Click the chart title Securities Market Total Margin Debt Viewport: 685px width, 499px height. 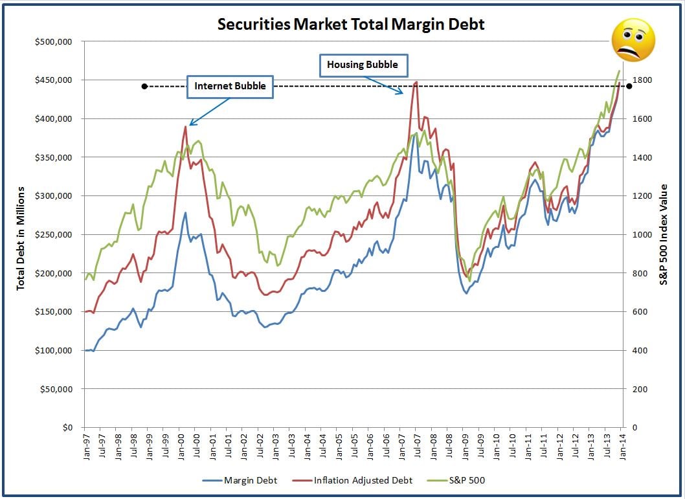(x=351, y=25)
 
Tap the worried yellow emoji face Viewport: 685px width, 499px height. (x=633, y=41)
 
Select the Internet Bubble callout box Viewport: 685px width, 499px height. (x=230, y=86)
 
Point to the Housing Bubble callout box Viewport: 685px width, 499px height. (x=366, y=65)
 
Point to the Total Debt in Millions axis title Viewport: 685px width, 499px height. (x=20, y=238)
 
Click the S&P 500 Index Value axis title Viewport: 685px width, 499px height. (x=664, y=235)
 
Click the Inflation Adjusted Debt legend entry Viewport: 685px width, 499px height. (x=351, y=480)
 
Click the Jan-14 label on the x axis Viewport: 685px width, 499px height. (x=622, y=447)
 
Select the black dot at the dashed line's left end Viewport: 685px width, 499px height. (x=144, y=86)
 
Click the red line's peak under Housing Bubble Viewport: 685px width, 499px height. (x=416, y=82)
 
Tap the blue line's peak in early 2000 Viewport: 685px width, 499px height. (x=185, y=212)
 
